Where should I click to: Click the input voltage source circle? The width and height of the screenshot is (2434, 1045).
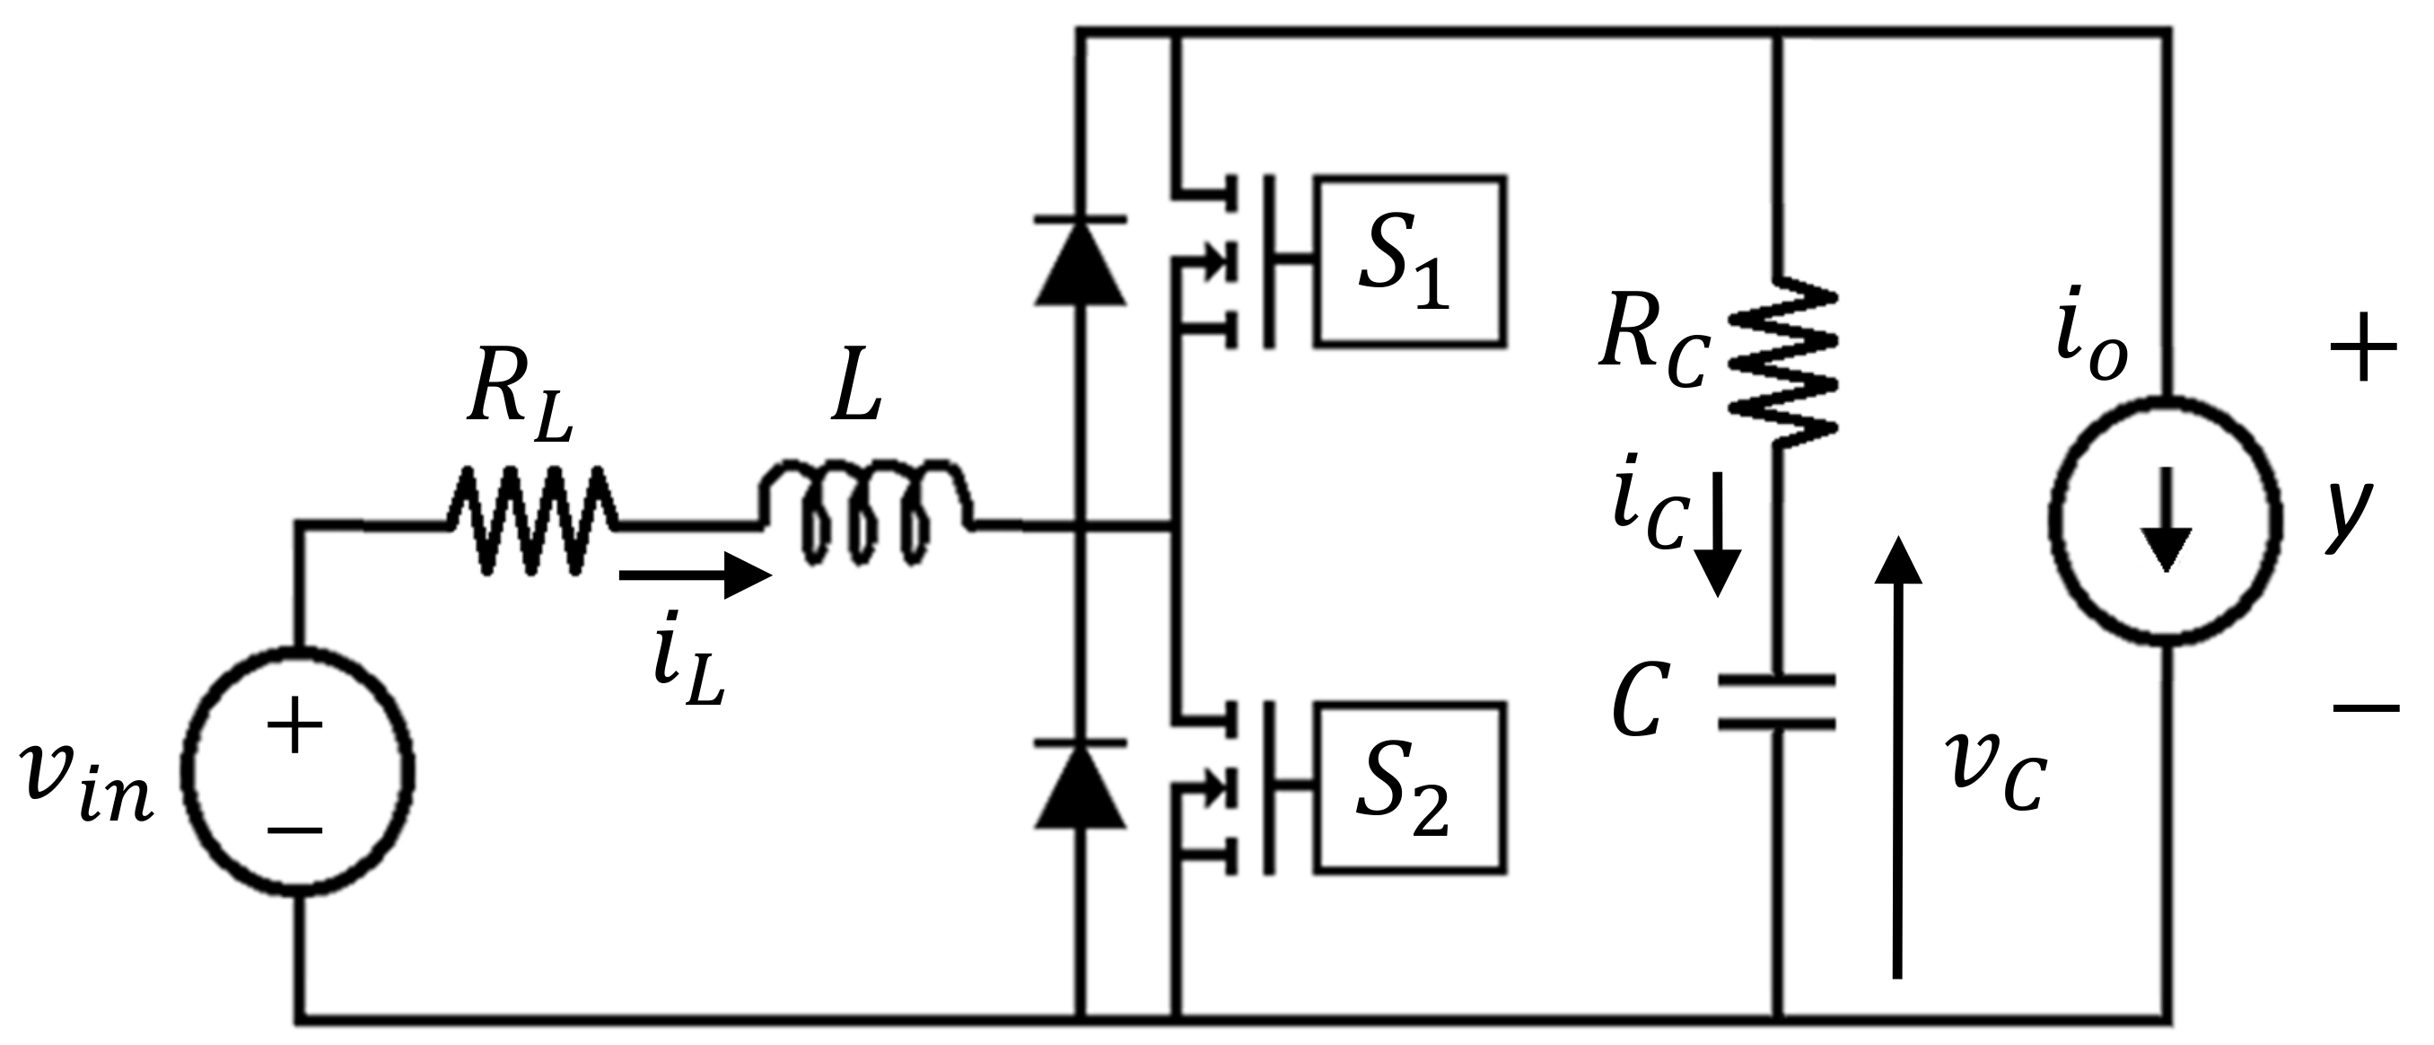click(x=297, y=773)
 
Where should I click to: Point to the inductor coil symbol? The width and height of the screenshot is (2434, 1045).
click(x=864, y=510)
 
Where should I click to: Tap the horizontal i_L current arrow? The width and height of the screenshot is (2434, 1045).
click(x=695, y=575)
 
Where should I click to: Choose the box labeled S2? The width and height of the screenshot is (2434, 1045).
click(x=1411, y=787)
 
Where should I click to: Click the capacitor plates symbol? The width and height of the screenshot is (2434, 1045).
click(x=1776, y=701)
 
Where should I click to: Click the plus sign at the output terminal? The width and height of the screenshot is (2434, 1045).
click(x=2363, y=347)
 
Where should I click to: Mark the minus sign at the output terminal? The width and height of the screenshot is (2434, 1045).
click(x=2363, y=706)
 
